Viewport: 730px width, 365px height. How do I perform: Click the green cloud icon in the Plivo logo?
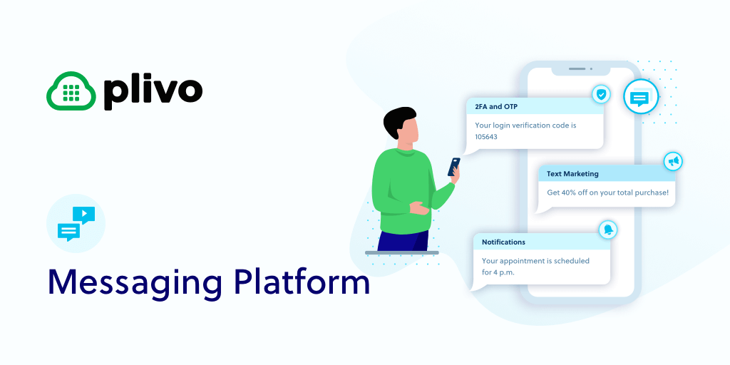[71, 91]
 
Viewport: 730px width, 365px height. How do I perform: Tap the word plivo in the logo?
[153, 92]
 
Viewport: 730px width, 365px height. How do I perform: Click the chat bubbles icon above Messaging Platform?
[76, 223]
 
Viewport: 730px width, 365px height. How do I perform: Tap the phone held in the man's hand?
[454, 167]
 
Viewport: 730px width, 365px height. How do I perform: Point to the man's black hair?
[399, 120]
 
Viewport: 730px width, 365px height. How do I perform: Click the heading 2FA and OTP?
[496, 107]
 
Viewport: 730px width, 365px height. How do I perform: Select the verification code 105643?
[486, 137]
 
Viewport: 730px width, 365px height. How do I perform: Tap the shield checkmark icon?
[602, 95]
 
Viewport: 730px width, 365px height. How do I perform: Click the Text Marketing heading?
[572, 174]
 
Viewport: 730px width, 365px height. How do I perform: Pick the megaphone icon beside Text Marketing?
[673, 161]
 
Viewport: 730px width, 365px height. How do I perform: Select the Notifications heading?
[503, 242]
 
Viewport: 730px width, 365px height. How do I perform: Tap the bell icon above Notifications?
[608, 230]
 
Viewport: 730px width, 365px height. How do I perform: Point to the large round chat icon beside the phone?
[641, 97]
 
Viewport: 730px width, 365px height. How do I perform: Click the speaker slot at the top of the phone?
[577, 69]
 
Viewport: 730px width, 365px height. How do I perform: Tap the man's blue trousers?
[403, 240]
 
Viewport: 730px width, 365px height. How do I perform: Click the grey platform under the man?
[402, 253]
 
